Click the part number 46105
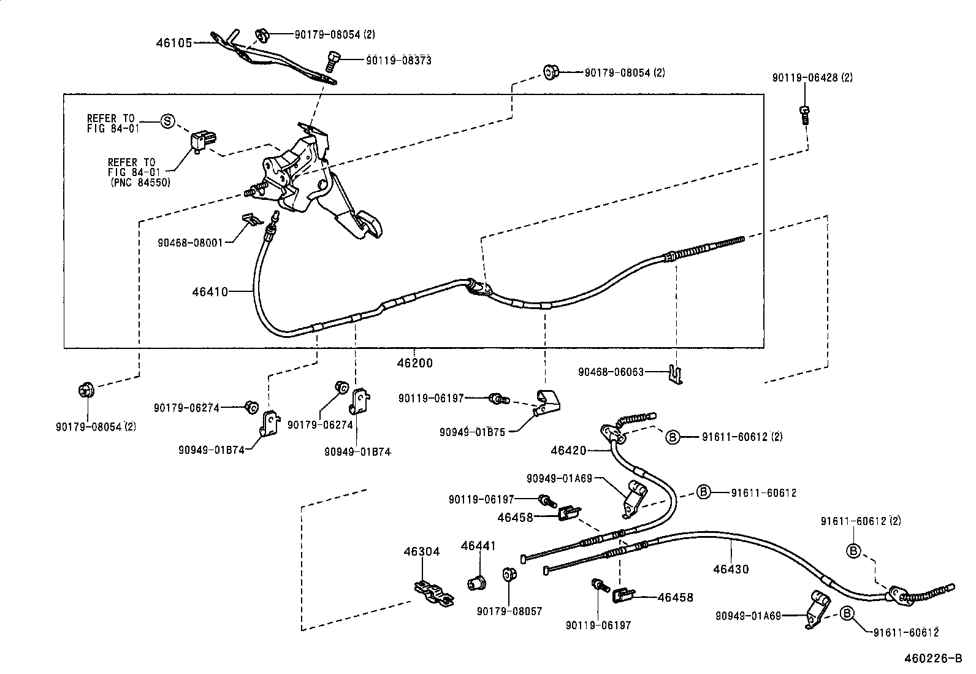174,43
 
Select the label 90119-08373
398,60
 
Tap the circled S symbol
167,121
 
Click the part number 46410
210,292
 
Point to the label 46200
414,363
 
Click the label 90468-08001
195,242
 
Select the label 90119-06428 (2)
812,78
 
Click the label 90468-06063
611,372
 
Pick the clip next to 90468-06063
676,374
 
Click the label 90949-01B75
472,432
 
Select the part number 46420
568,451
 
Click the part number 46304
421,552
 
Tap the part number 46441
478,546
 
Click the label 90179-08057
509,611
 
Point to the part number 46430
731,569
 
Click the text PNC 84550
140,182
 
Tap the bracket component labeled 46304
433,593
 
